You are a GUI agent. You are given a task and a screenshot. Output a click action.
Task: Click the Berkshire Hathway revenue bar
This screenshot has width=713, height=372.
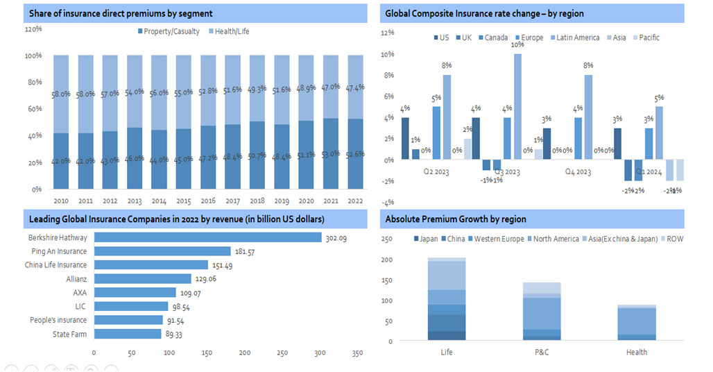click(207, 237)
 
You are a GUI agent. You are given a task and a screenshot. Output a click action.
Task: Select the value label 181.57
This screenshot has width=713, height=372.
click(243, 252)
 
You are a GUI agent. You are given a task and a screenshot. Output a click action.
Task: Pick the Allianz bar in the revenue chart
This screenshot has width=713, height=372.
click(142, 279)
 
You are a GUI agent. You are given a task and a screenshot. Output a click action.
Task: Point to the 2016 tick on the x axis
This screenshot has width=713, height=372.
click(208, 201)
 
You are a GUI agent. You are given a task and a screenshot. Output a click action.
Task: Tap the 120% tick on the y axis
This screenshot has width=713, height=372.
click(33, 29)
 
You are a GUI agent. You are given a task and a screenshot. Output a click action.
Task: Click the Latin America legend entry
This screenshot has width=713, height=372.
click(574, 37)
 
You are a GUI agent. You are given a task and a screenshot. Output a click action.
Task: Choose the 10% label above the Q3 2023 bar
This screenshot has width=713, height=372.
click(517, 45)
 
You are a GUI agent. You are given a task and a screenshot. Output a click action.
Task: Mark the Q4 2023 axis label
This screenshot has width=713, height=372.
click(578, 171)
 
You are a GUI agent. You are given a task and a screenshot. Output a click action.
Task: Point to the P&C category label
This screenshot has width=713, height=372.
click(542, 352)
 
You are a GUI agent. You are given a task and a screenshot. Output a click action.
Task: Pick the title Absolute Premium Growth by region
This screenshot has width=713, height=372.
click(456, 219)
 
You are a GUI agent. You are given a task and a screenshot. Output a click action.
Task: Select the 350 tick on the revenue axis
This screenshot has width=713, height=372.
click(358, 353)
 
